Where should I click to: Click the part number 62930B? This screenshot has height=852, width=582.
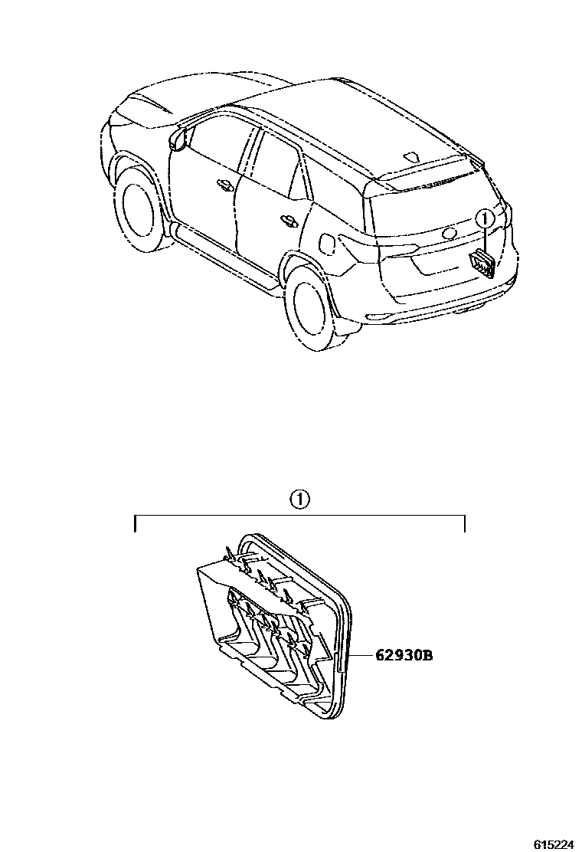point(403,655)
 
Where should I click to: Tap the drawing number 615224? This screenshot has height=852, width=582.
point(553,844)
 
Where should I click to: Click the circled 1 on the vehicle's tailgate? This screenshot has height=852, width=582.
point(484,219)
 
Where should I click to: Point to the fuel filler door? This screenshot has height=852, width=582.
point(326,241)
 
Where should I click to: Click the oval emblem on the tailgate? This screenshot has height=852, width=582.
point(450,233)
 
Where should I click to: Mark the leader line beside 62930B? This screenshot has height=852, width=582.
point(360,655)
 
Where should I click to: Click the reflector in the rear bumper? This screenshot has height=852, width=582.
point(379,316)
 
